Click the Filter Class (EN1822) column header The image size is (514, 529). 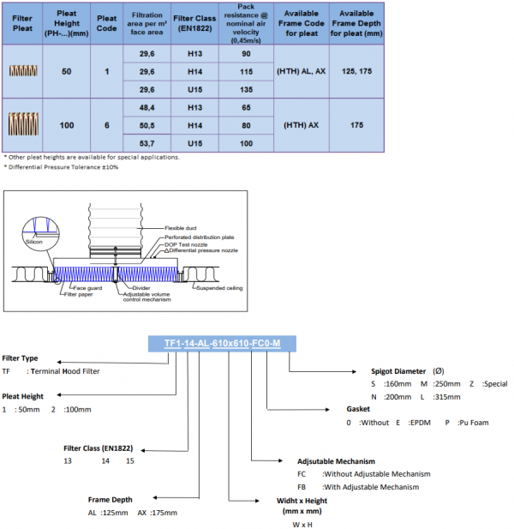194,21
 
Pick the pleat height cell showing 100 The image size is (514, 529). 67,125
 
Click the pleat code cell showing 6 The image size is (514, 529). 107,125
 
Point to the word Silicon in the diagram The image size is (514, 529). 34,243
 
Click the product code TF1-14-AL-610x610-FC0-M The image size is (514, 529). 230,344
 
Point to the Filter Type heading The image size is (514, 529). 20,358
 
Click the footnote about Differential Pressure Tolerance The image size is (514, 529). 62,166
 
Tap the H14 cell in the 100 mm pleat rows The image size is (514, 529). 194,125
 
